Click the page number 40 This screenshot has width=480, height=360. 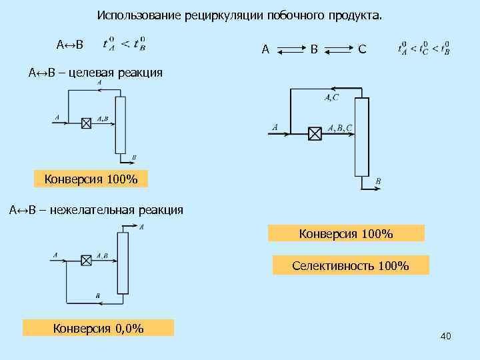pyautogui.click(x=446, y=337)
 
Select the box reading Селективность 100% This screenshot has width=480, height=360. pyautogui.click(x=351, y=266)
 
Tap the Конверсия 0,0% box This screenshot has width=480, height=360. pyautogui.click(x=98, y=327)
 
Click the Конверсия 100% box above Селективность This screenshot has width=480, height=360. pyautogui.click(x=346, y=233)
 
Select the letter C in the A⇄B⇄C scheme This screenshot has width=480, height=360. pyautogui.click(x=362, y=49)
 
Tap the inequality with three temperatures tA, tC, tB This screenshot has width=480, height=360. pyautogui.click(x=423, y=48)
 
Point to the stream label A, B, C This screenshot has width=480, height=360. pyautogui.click(x=341, y=127)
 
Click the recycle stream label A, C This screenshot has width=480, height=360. pyautogui.click(x=331, y=98)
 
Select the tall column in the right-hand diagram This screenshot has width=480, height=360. pyautogui.click(x=361, y=136)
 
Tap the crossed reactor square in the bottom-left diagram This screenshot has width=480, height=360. pyautogui.click(x=85, y=260)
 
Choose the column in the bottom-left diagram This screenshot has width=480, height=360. pyautogui.click(x=122, y=263)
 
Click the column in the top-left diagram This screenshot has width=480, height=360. pyautogui.click(x=120, y=125)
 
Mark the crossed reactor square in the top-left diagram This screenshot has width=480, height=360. pyautogui.click(x=85, y=123)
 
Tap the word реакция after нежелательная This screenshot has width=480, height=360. pyautogui.click(x=160, y=211)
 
